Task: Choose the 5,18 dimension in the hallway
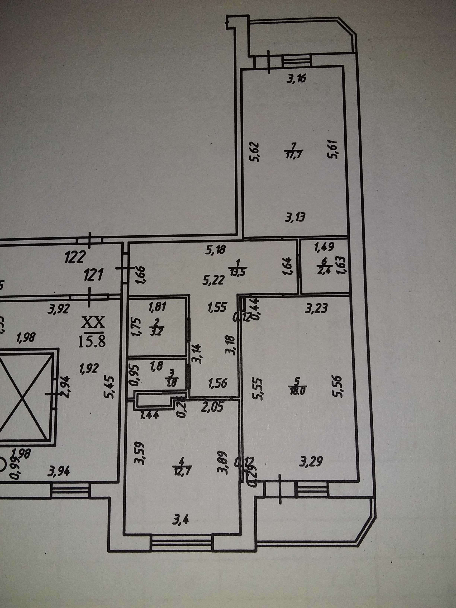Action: (x=215, y=250)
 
